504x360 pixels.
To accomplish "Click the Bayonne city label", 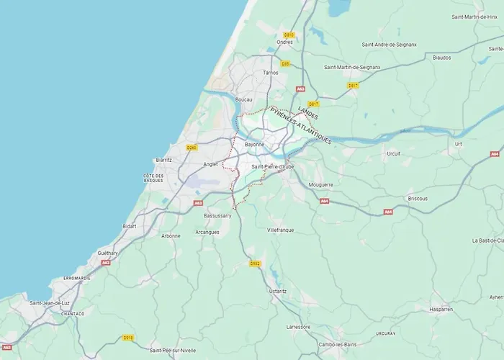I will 254,144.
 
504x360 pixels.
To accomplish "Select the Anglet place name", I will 210,164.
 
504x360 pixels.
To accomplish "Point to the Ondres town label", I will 284,41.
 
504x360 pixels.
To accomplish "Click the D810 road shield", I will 289,34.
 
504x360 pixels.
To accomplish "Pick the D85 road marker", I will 285,64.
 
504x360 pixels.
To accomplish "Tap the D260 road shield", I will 192,148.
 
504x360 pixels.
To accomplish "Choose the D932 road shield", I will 254,264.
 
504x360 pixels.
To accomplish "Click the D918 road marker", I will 128,337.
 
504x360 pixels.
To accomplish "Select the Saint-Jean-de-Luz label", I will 49,303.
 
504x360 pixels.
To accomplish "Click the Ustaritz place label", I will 277,291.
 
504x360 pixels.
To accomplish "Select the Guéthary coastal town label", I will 108,253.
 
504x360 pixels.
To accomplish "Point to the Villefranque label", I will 281,230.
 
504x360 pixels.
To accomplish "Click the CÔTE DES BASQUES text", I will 153,178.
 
